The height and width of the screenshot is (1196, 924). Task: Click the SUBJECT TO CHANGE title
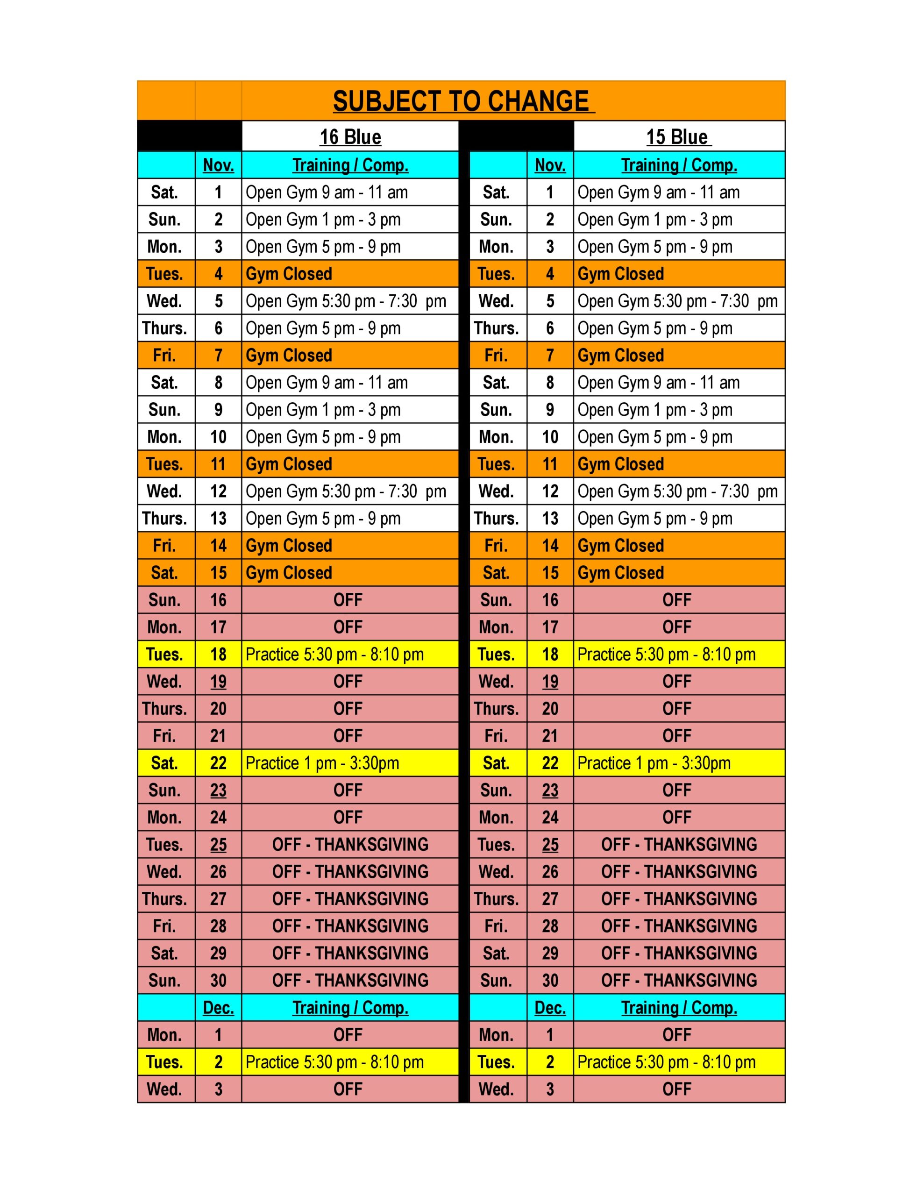coord(463,102)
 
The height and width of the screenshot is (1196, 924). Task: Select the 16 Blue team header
coord(350,137)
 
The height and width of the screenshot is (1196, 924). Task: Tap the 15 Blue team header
coord(678,137)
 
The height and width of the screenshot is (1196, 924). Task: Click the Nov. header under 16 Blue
coord(218,165)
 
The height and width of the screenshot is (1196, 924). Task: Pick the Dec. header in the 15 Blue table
coord(550,1008)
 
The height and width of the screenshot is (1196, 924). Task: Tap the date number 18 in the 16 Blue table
coord(218,655)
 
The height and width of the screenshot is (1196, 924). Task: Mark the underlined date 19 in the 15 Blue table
coord(550,682)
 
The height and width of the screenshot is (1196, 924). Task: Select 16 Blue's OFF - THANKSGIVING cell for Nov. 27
coord(350,899)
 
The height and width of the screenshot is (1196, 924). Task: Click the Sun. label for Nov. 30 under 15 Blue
coord(496,980)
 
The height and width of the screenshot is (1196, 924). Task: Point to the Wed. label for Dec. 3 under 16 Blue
coord(164,1089)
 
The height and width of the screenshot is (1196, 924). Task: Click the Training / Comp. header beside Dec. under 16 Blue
coord(350,1008)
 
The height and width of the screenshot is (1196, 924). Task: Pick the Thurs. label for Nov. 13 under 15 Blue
coord(496,519)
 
